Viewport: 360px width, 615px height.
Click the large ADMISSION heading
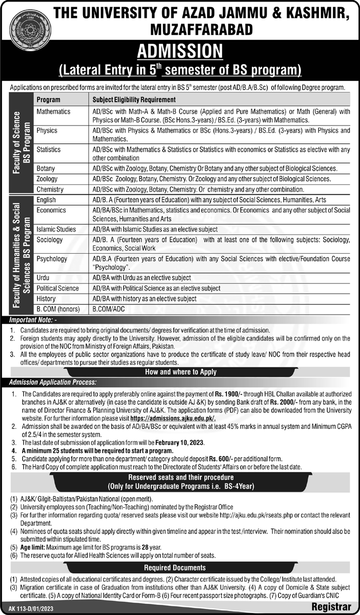tap(179, 51)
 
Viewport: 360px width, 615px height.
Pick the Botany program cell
tap(46, 168)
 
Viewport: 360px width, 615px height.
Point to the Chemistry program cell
tap(50, 189)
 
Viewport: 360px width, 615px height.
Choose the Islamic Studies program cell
tap(56, 229)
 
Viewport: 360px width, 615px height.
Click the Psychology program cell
tap(52, 259)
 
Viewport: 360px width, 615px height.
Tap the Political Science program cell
tap(57, 288)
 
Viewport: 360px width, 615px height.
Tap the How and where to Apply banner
tap(180, 372)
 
